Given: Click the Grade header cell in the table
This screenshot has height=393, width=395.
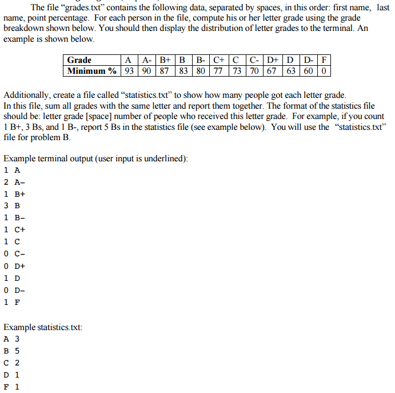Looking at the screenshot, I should (x=79, y=60).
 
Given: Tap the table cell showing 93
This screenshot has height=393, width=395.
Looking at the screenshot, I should (x=129, y=71).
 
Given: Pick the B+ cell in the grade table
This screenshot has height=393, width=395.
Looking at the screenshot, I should (x=165, y=60).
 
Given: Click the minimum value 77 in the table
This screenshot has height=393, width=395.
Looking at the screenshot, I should (x=217, y=71).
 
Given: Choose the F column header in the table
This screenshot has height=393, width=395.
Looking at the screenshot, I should (x=324, y=60).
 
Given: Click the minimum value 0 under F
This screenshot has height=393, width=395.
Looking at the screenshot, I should (x=324, y=71).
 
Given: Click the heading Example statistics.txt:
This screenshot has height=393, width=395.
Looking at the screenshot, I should (x=43, y=327).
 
